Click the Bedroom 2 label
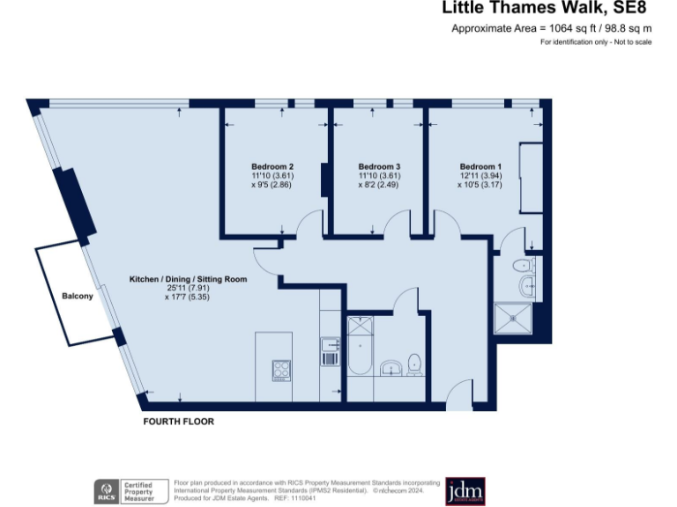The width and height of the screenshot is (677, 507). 272,167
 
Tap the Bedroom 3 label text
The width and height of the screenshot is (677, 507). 379,167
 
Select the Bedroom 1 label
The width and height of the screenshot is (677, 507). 480,167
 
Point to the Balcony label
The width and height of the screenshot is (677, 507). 77,296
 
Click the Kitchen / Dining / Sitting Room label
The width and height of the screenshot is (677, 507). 188,279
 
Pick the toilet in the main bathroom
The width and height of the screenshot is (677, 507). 413,363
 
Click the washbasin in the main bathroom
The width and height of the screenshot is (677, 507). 391,367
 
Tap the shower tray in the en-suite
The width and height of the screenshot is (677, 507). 514,320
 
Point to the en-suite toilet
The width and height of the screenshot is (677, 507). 523,264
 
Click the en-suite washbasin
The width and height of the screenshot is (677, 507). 526,284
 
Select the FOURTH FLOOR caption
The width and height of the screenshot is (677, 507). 178,422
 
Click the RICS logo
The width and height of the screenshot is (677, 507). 108,490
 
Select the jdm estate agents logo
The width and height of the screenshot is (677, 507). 465,490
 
